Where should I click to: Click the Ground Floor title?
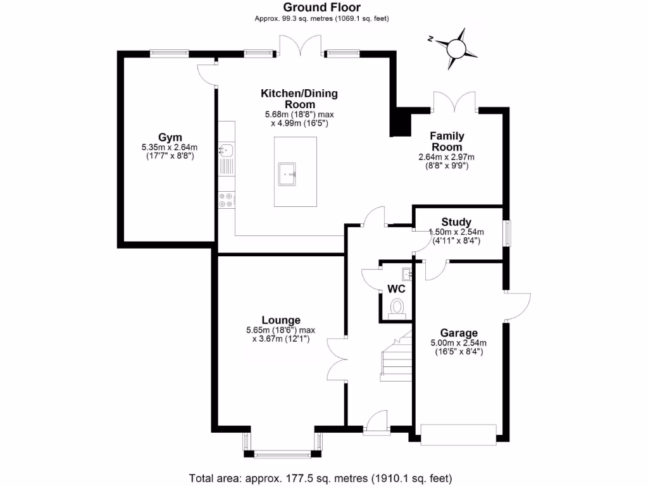(x=321, y=8)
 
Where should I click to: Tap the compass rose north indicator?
(x=455, y=47)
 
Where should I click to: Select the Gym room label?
(x=170, y=137)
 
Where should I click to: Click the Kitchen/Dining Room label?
(x=299, y=99)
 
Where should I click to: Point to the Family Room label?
(x=447, y=141)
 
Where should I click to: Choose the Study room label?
(x=456, y=222)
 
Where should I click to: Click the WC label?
(x=396, y=289)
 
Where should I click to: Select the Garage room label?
(x=459, y=333)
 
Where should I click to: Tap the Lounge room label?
(x=281, y=320)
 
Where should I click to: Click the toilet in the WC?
(x=397, y=308)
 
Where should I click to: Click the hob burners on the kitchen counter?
(x=226, y=201)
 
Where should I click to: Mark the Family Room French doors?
(x=453, y=103)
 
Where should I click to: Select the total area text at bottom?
(x=321, y=478)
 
